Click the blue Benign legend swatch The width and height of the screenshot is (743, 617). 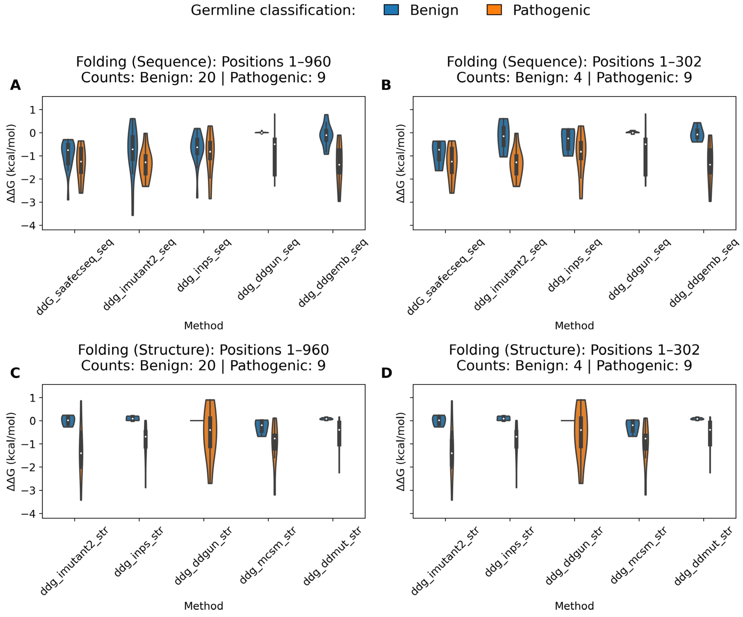click(x=391, y=10)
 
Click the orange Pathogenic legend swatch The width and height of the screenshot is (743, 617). click(x=494, y=10)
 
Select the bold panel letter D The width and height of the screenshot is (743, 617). click(x=386, y=373)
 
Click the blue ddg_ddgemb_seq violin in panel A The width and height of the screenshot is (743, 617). click(x=326, y=134)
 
